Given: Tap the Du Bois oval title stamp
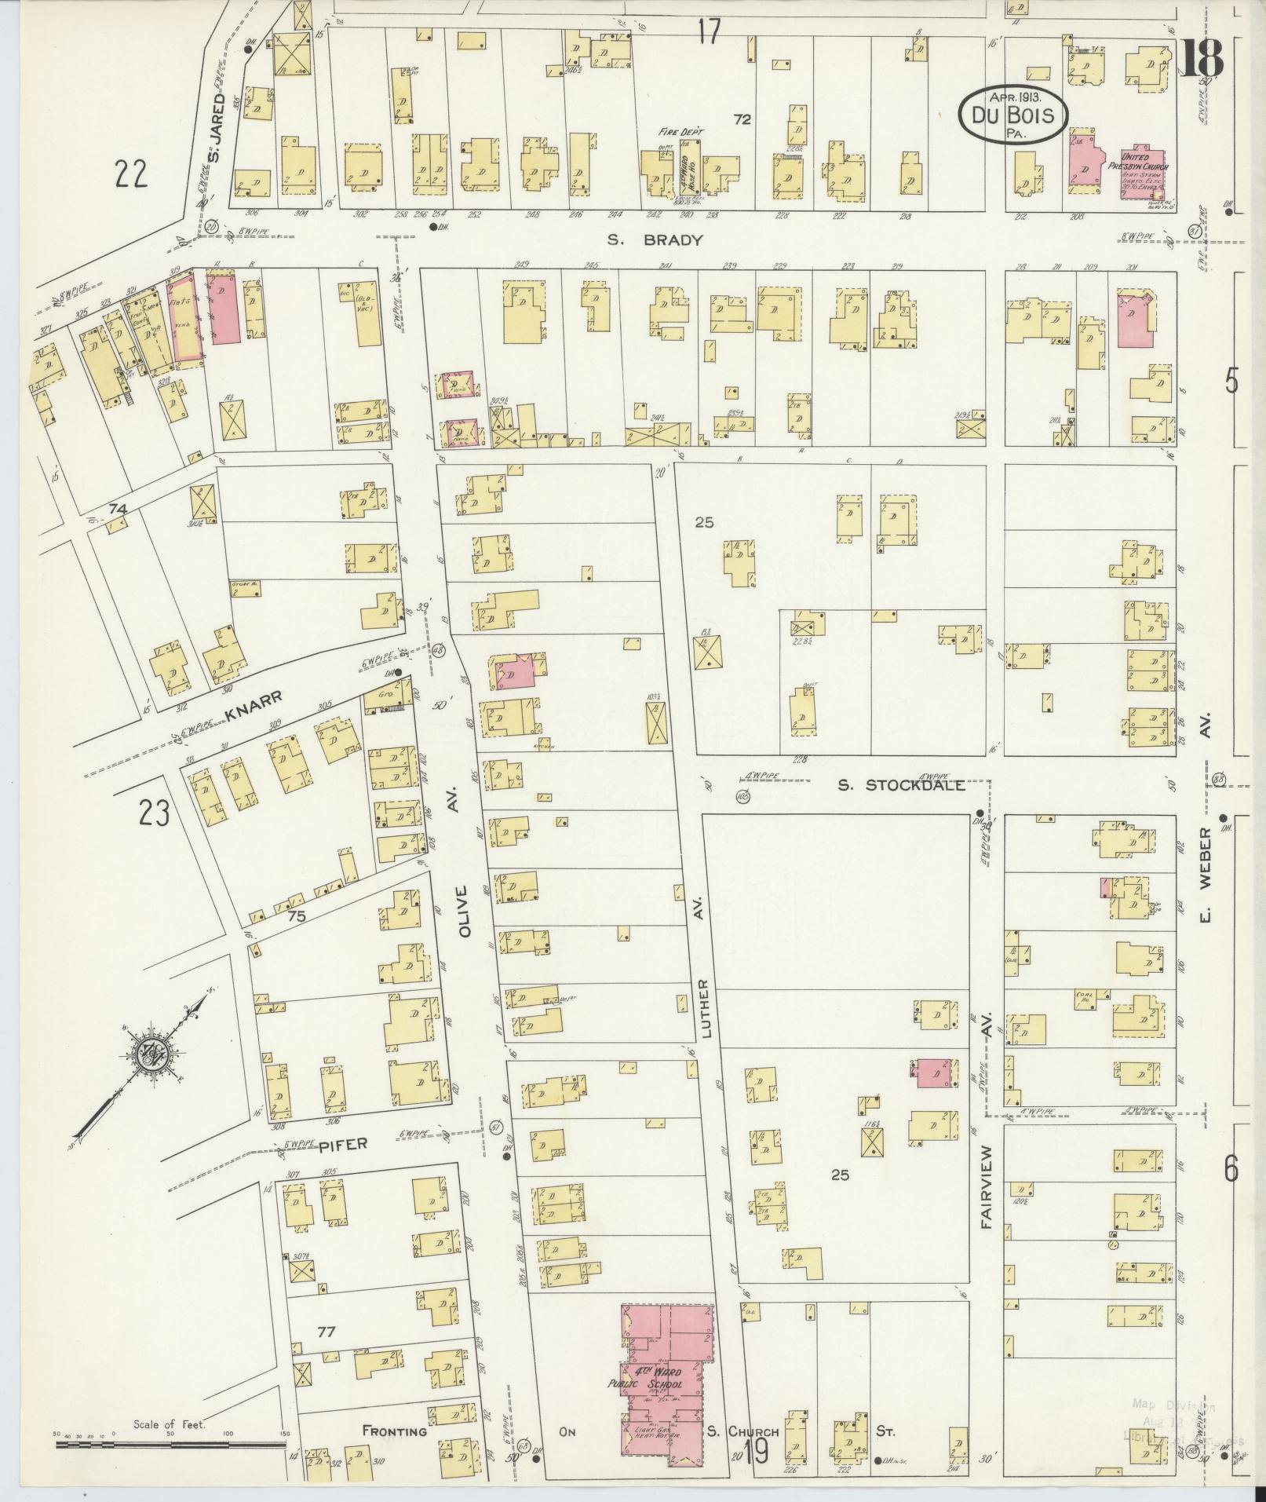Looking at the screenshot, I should (x=1013, y=115).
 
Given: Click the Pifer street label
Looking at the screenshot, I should (x=342, y=1145).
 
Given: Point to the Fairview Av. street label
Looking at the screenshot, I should (x=987, y=1193).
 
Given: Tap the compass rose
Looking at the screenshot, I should (x=147, y=1058).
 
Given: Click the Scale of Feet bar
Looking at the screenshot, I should (x=169, y=1443).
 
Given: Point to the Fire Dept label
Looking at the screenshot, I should (x=681, y=132).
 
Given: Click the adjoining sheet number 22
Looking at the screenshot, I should (x=131, y=174).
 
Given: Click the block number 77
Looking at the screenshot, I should (x=326, y=1331).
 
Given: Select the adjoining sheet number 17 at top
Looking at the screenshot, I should (x=708, y=31).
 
